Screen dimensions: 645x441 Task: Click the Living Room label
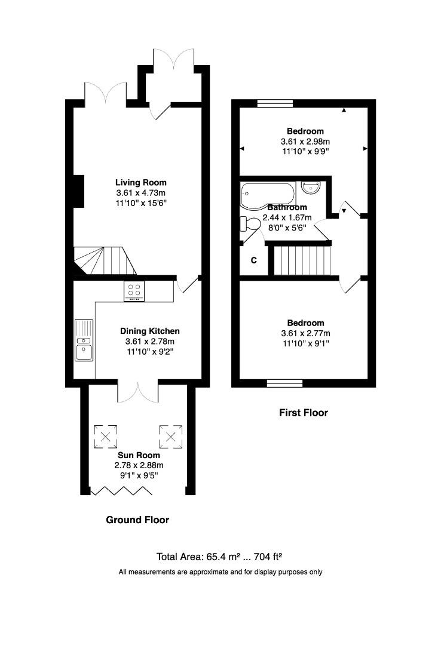141,182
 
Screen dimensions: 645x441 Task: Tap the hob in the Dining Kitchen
134,291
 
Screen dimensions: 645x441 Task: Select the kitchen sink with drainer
84,340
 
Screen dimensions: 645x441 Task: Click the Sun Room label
139,455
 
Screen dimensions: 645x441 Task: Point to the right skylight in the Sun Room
170,435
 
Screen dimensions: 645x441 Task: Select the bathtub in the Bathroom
267,193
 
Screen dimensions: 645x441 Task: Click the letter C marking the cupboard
253,260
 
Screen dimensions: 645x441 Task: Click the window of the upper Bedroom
275,103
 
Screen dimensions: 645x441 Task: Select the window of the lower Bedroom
284,383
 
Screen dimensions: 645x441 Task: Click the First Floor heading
303,413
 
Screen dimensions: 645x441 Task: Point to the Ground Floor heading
137,520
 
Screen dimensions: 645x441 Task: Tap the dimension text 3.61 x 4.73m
141,193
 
